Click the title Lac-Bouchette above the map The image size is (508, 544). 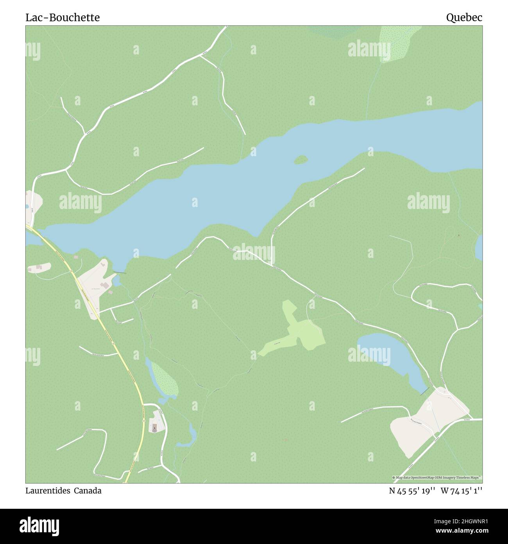pyautogui.click(x=63, y=18)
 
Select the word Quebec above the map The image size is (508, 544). pyautogui.click(x=464, y=18)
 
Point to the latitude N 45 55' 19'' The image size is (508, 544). pyautogui.click(x=412, y=491)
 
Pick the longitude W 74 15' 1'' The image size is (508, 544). pyautogui.click(x=461, y=491)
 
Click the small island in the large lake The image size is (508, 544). pyautogui.click(x=301, y=160)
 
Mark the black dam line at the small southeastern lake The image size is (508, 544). pyautogui.click(x=424, y=391)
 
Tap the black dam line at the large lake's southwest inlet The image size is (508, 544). pyautogui.click(x=120, y=272)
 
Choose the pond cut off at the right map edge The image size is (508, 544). pyautogui.click(x=479, y=245)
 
